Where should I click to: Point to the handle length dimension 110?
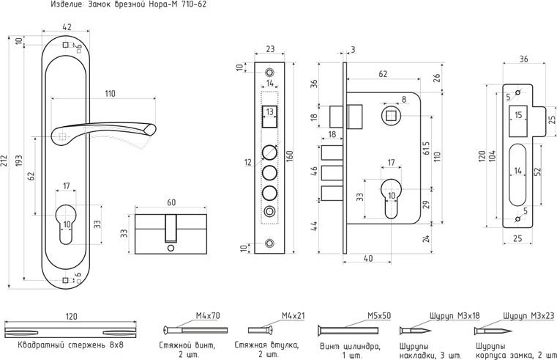[110, 93]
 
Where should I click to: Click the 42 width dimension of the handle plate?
[67, 28]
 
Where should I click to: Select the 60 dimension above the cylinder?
[171, 203]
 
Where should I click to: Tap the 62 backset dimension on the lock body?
[384, 74]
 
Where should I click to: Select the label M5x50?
[378, 316]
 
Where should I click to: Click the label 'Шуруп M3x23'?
[528, 316]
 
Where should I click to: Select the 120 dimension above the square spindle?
[71, 316]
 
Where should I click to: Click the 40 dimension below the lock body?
[367, 258]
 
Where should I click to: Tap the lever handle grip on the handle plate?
[110, 131]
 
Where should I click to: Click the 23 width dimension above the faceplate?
[269, 50]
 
